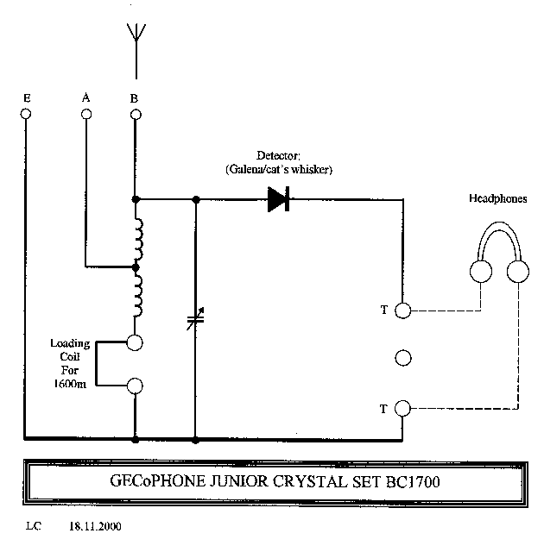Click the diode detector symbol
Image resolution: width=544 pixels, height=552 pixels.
click(278, 200)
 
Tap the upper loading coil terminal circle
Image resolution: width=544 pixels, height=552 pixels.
click(135, 342)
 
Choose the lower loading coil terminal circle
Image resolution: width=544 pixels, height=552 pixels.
click(135, 386)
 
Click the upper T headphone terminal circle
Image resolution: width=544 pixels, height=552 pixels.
click(402, 309)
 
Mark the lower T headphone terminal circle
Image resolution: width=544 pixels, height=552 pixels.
click(402, 408)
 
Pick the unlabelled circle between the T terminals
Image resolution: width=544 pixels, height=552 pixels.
click(402, 358)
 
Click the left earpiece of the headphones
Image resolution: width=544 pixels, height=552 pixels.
click(480, 272)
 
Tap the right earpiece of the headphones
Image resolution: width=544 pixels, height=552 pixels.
click(517, 272)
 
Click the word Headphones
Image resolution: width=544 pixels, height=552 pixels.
click(498, 198)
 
